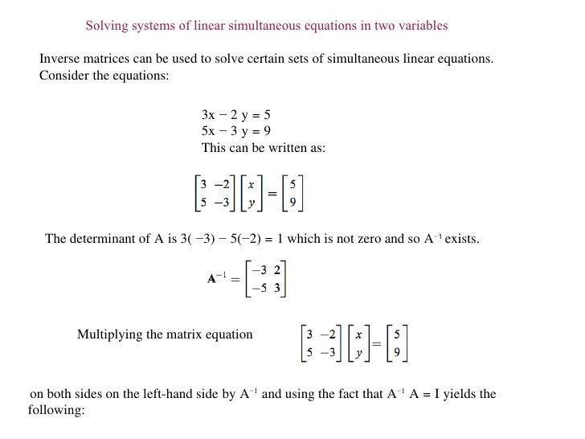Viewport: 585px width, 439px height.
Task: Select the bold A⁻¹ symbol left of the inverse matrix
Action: tap(216, 279)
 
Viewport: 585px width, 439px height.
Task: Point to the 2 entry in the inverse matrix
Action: tap(277, 270)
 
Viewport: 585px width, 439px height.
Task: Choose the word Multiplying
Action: tap(112, 334)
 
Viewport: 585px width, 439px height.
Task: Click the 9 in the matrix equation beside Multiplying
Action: tap(397, 351)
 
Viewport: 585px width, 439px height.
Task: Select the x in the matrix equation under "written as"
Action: tap(252, 184)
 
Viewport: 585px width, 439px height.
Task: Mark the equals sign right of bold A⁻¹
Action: tap(235, 280)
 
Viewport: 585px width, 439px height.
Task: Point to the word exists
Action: tap(462, 240)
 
